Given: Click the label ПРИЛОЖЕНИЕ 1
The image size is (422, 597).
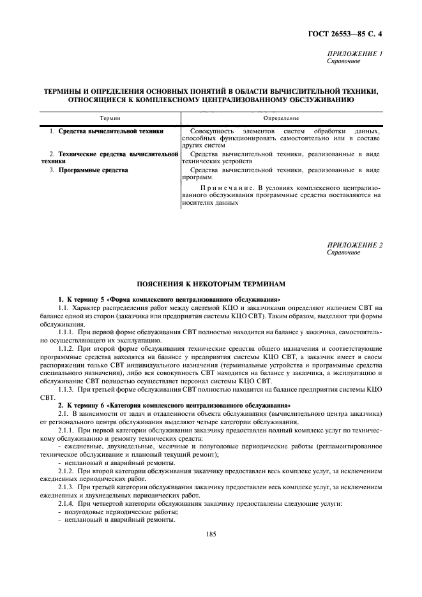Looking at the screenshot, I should (354, 54).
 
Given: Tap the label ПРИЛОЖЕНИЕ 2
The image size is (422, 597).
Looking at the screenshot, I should (354, 245).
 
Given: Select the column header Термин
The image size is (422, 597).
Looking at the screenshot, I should (110, 119).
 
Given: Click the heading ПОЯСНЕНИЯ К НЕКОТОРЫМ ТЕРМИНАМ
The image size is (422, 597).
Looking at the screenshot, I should (210, 283).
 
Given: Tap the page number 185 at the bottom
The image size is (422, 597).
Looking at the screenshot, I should (210, 534).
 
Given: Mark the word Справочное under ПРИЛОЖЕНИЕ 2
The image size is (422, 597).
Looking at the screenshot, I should (343, 253).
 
